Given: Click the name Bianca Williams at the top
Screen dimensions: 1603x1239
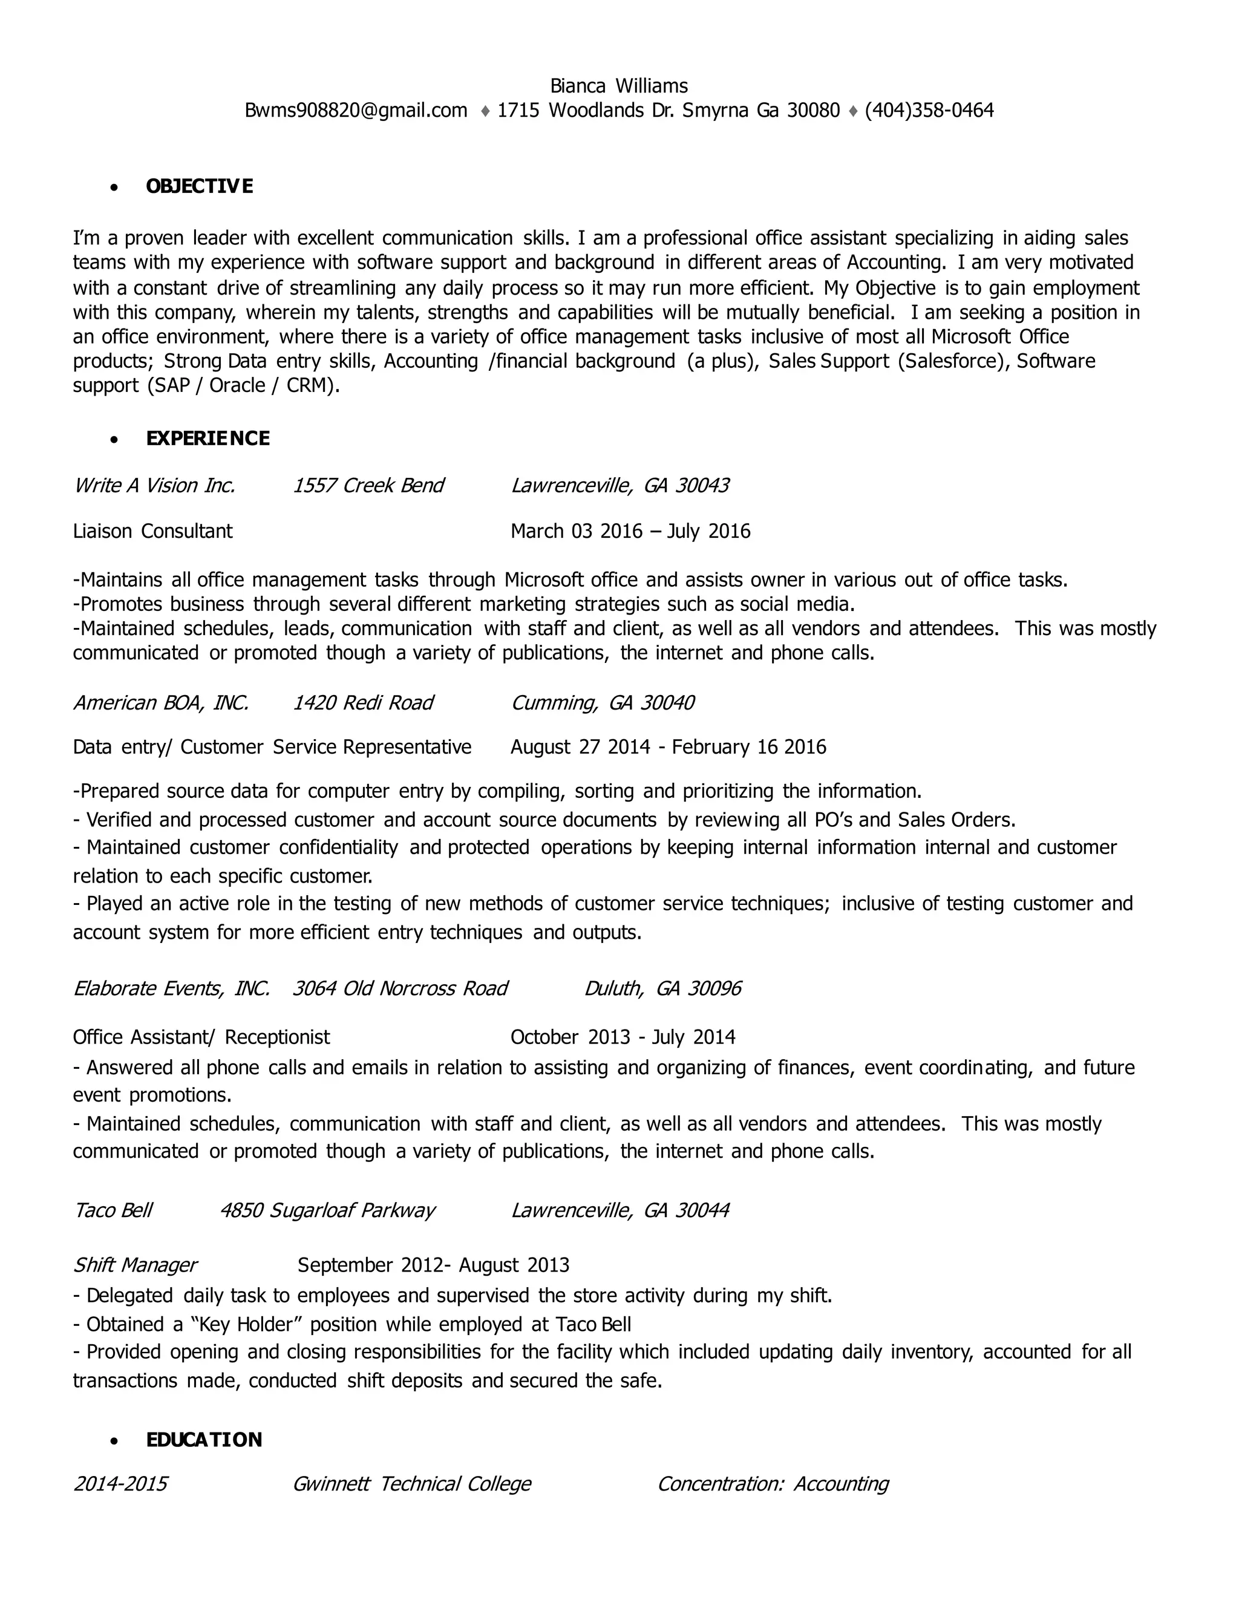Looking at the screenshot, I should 619,86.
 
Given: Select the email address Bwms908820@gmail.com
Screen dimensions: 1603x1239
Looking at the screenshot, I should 356,110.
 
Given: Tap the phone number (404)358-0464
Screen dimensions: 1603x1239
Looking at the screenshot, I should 929,110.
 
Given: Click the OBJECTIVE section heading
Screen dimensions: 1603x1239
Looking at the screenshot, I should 200,186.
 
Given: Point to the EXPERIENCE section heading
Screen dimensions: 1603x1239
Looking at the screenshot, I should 208,438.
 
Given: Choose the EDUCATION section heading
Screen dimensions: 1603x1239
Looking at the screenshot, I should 204,1439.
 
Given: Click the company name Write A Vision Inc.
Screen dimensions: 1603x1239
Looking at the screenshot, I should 154,485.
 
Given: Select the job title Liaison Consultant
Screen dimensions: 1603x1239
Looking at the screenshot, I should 152,531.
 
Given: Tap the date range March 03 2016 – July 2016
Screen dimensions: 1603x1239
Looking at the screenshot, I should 630,531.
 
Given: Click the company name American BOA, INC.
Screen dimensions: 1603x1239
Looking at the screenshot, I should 161,702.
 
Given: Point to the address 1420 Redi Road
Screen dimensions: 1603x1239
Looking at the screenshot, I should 362,702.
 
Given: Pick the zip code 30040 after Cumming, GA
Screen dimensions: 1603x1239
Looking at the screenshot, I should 667,702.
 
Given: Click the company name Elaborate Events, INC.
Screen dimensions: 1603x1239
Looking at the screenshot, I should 172,988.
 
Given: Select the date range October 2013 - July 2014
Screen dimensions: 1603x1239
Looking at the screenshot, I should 623,1036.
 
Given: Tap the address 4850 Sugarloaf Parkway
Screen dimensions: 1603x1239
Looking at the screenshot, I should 327,1210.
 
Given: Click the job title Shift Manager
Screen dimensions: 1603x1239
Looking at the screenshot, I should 135,1265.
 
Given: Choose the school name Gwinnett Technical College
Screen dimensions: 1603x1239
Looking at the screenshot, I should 411,1483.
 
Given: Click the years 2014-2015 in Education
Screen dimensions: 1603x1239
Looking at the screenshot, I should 120,1483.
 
